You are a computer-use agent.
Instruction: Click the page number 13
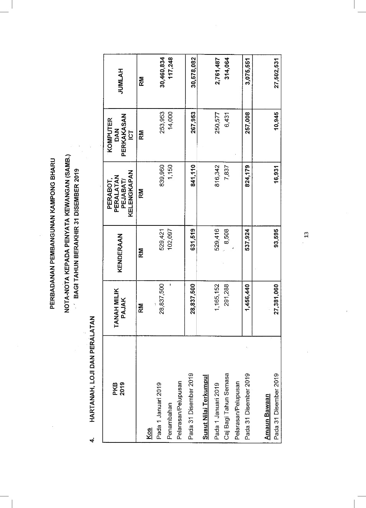click(x=306, y=235)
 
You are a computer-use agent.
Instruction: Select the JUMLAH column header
click(x=121, y=81)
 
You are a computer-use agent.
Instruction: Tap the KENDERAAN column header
click(x=120, y=253)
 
